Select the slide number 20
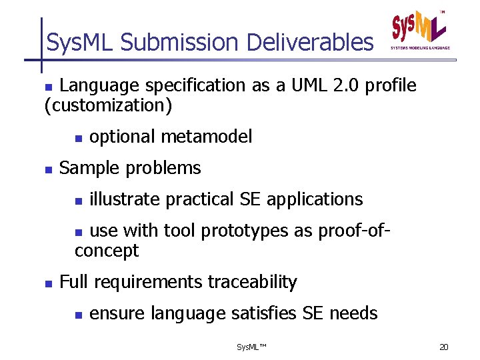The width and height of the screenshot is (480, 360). pyautogui.click(x=445, y=347)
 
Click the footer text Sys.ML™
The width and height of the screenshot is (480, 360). pyautogui.click(x=251, y=347)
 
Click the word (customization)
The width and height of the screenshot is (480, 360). pyautogui.click(x=108, y=105)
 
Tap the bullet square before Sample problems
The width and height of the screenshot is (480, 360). pyautogui.click(x=48, y=169)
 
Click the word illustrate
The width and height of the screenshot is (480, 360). pyautogui.click(x=125, y=199)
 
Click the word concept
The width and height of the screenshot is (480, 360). pyautogui.click(x=107, y=251)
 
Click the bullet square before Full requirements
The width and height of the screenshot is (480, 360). pyautogui.click(x=48, y=283)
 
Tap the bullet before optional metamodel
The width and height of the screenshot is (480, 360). pyautogui.click(x=78, y=138)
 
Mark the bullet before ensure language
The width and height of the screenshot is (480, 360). pyautogui.click(x=78, y=315)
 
